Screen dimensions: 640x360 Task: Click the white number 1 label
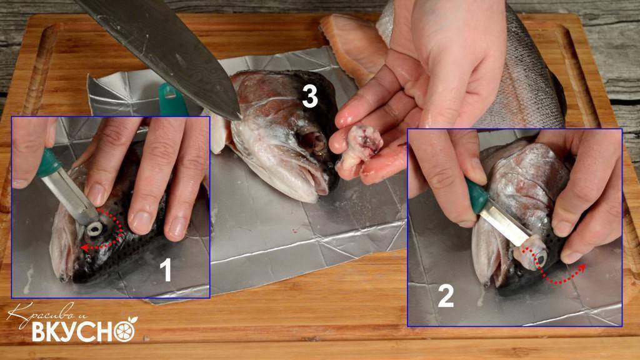[x=165, y=270]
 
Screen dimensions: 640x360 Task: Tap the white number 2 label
[x=446, y=296]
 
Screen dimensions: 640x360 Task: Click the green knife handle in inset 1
[x=49, y=163]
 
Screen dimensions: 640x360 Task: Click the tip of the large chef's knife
[x=239, y=120]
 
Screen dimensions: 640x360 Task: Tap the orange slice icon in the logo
[x=125, y=329]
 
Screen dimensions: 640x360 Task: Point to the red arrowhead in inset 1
[x=84, y=247]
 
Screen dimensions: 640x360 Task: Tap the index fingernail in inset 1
[x=96, y=196]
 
